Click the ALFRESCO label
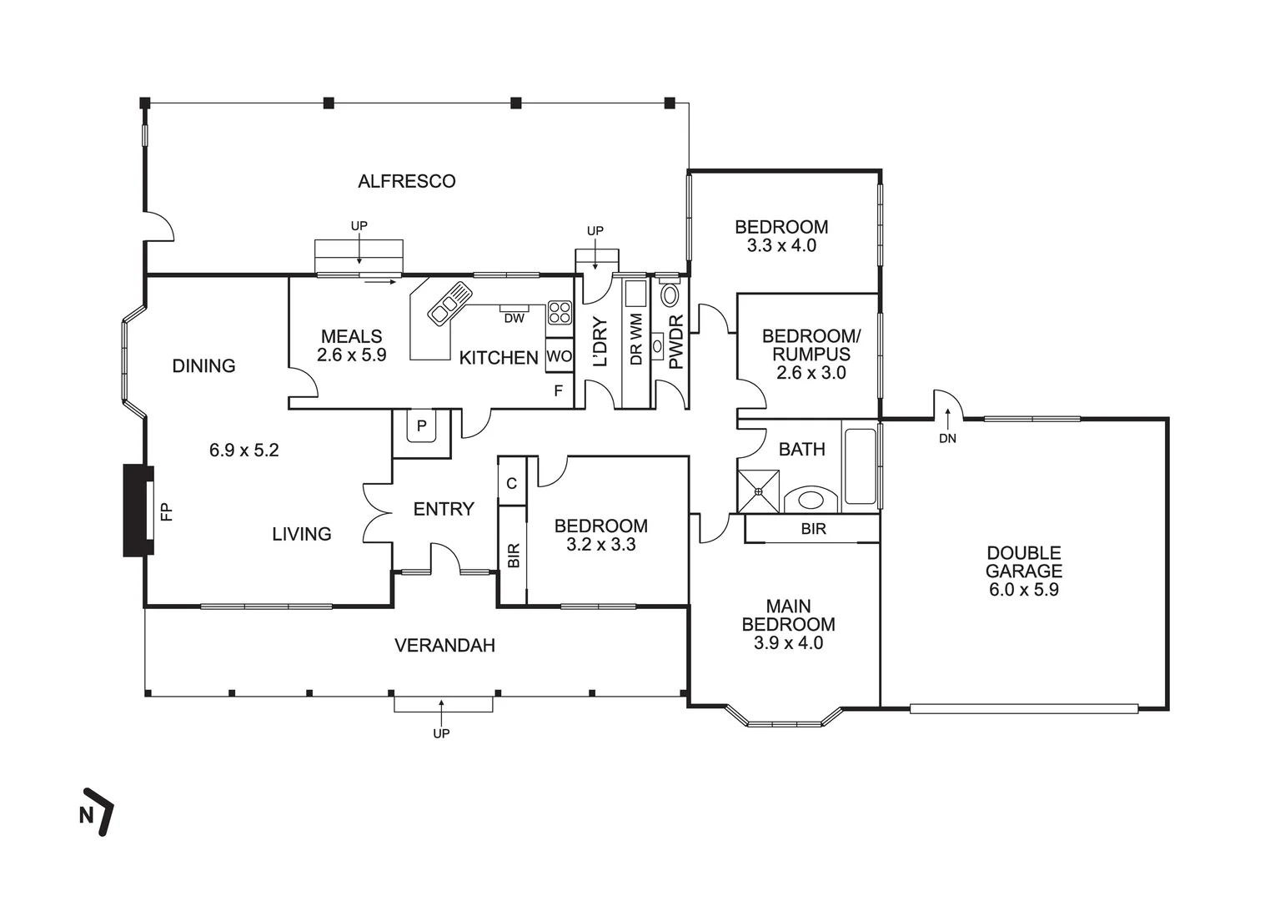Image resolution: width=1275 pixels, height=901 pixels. pyautogui.click(x=406, y=181)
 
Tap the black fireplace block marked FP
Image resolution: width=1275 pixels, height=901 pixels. pyautogui.click(x=138, y=511)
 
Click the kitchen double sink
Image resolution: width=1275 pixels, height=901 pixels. pyautogui.click(x=449, y=304)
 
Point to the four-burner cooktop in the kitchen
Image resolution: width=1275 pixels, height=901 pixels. pyautogui.click(x=560, y=313)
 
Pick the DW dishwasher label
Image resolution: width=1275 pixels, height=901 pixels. pyautogui.click(x=514, y=319)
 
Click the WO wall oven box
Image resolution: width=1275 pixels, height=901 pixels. pyautogui.click(x=559, y=356)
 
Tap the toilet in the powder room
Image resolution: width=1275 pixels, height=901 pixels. pyautogui.click(x=670, y=294)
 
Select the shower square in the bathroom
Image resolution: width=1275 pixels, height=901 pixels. pyautogui.click(x=758, y=491)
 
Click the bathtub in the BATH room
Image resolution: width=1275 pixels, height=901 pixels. pyautogui.click(x=860, y=466)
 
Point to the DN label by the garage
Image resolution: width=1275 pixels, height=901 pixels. pyautogui.click(x=948, y=439)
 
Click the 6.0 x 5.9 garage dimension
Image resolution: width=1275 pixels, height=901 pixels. pyautogui.click(x=1024, y=590)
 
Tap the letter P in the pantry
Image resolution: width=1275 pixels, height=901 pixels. pyautogui.click(x=422, y=425)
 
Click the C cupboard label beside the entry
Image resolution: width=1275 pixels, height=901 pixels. pyautogui.click(x=512, y=484)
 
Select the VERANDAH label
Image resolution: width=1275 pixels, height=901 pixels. pyautogui.click(x=444, y=645)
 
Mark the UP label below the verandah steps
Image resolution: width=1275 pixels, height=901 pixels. pyautogui.click(x=441, y=733)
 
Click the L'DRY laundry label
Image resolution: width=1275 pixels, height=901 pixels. pyautogui.click(x=600, y=342)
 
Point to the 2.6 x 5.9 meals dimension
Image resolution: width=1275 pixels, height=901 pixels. pyautogui.click(x=352, y=355)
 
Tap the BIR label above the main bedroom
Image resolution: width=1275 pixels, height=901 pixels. pyautogui.click(x=813, y=529)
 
